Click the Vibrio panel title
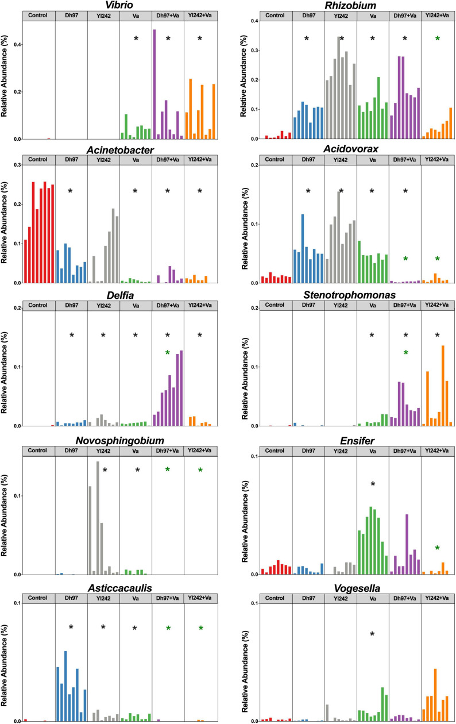(x=121, y=5)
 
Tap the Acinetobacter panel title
(x=121, y=149)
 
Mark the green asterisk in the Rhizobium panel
(x=438, y=39)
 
